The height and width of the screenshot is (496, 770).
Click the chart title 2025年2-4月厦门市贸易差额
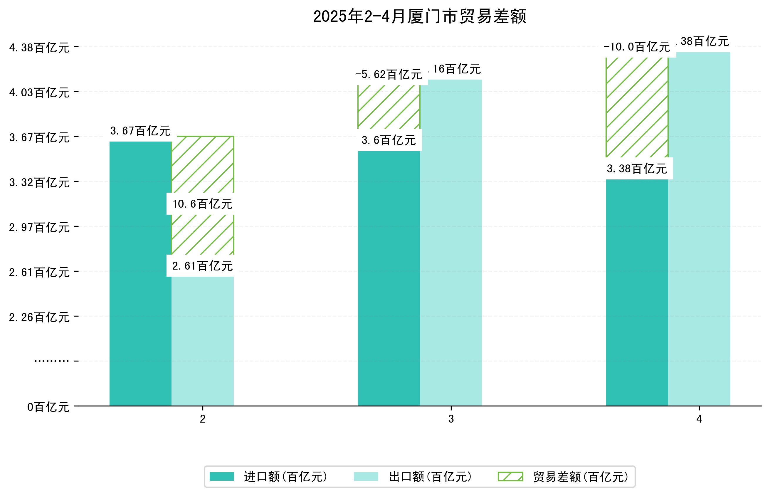419,16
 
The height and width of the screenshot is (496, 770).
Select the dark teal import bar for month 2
140,274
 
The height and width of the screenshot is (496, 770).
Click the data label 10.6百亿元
202,204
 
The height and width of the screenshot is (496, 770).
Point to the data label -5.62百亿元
389,75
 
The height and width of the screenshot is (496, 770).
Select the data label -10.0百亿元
637,47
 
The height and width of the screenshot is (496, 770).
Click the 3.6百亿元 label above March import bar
389,140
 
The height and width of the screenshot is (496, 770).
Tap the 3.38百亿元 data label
637,169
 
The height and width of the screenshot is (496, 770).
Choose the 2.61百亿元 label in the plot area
202,266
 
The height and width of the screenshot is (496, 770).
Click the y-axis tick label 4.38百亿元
39,48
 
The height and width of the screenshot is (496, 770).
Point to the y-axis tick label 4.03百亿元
39,93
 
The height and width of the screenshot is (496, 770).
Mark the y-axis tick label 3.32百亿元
39,183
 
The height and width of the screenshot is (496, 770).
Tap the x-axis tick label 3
451,419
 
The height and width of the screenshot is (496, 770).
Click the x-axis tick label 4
699,419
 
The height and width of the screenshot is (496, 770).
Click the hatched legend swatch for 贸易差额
510,477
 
